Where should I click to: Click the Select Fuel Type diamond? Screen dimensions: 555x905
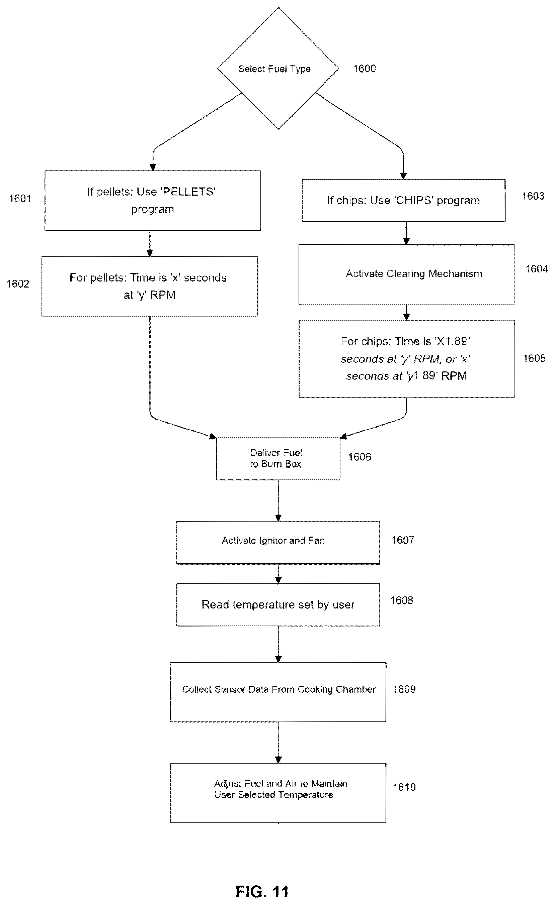click(278, 68)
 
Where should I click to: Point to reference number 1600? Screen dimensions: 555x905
click(365, 69)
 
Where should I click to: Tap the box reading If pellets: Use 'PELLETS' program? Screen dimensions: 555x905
click(153, 201)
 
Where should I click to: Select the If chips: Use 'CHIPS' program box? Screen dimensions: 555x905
click(403, 201)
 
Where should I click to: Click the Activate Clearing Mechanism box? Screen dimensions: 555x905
click(406, 274)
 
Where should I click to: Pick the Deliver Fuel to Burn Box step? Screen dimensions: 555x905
click(278, 458)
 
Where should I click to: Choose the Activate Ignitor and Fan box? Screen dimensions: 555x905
click(278, 543)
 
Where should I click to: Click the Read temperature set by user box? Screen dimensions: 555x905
click(278, 604)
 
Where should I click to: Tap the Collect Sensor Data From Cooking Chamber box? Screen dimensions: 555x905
click(278, 692)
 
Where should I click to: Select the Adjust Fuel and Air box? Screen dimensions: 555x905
click(278, 793)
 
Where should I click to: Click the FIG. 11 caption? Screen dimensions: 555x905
click(262, 891)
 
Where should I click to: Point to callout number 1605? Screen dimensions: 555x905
click(534, 358)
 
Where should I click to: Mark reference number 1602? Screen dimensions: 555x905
click(18, 284)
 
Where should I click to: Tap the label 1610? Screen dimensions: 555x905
click(404, 787)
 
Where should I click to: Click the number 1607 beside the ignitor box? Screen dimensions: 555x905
click(403, 540)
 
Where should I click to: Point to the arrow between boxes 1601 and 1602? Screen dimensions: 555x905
click(150, 243)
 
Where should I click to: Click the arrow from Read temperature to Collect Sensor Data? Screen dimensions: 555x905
click(278, 644)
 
